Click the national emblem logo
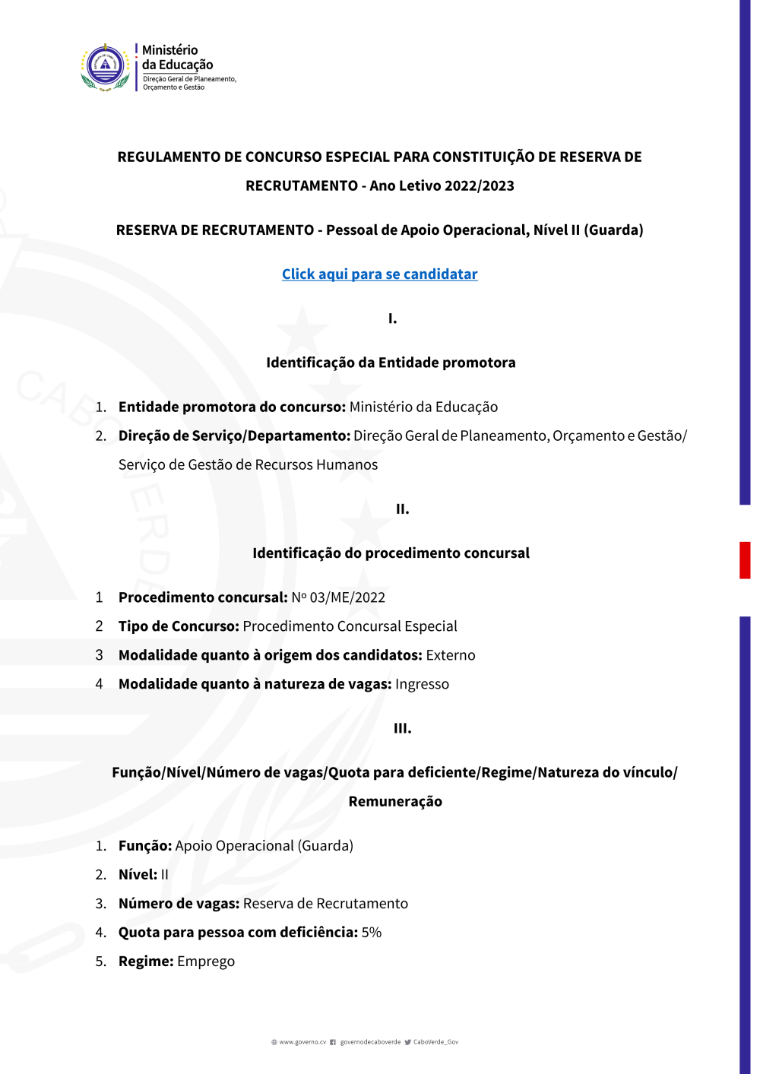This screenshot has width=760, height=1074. tap(105, 67)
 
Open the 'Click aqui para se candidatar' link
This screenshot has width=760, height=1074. tap(379, 274)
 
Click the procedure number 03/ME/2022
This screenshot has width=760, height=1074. tap(347, 597)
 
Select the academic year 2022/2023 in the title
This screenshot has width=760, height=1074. tap(479, 186)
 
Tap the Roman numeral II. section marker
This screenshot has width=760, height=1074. tap(402, 509)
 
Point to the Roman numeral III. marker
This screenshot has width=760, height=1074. tap(402, 728)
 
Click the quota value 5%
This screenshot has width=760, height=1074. tap(372, 933)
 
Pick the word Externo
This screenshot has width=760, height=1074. tap(451, 655)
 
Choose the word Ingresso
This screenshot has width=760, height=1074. tap(422, 684)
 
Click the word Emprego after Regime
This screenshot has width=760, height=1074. tap(206, 962)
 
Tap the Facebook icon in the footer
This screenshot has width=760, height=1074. tap(333, 1042)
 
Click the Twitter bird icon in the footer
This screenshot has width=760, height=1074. tap(408, 1042)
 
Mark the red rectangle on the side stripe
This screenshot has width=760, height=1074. tap(745, 560)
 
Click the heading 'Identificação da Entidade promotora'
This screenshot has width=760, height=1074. tap(391, 363)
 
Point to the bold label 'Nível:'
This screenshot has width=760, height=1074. tap(138, 875)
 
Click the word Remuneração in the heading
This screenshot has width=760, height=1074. tap(395, 802)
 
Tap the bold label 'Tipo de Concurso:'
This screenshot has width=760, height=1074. tap(179, 626)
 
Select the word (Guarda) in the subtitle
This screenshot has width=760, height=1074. tap(613, 230)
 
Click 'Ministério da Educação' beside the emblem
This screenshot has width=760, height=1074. tap(177, 58)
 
